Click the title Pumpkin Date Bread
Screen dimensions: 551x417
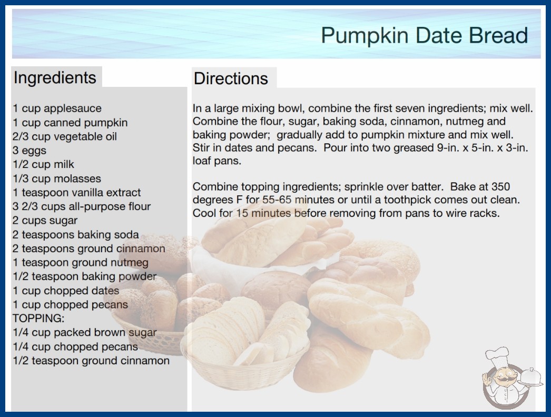coord(424,35)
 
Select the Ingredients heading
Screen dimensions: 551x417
coord(55,78)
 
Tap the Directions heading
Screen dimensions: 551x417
coord(231,78)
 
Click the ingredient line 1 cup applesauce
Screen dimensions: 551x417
coord(57,108)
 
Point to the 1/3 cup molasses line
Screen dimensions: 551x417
coord(57,178)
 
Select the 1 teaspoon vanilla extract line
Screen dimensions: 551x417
coord(76,193)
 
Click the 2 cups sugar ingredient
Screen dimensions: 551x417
coord(45,221)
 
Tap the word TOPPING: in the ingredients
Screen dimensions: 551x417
coord(38,319)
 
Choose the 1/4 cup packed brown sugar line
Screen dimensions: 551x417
coord(85,333)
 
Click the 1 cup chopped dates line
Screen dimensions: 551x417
coord(66,291)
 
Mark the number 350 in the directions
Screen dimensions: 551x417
coord(500,186)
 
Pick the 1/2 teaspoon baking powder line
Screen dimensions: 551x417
coord(84,276)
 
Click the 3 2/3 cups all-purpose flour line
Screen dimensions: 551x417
coord(82,206)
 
